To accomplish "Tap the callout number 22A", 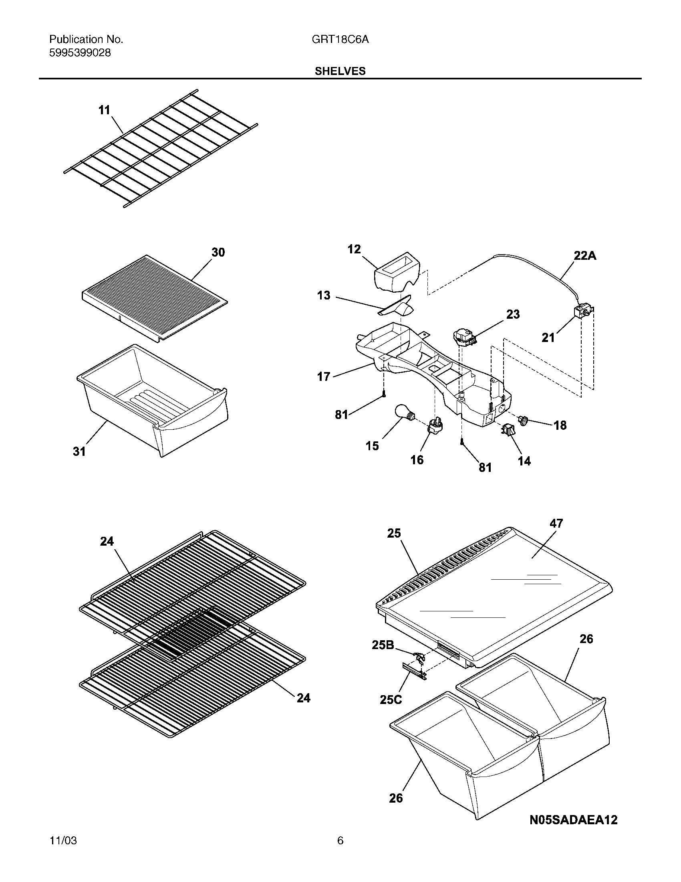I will tap(584, 256).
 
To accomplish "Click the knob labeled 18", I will tap(524, 421).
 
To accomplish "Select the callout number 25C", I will tap(391, 699).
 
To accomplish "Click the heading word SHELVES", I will tap(340, 71).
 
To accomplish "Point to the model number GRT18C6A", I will tap(340, 40).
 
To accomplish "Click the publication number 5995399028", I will tap(80, 53).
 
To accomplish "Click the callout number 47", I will tap(556, 523).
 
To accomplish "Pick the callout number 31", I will tap(79, 451).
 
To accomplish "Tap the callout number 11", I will tap(104, 110).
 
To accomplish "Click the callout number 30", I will tap(218, 253).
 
